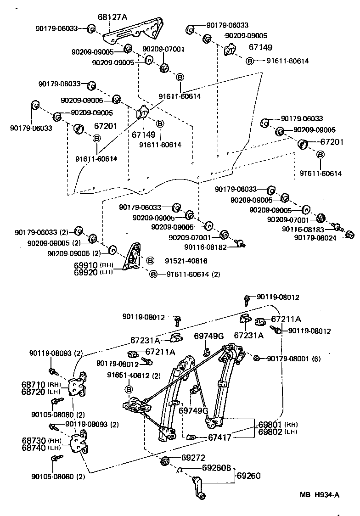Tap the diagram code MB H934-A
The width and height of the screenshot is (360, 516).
pyautogui.click(x=320, y=494)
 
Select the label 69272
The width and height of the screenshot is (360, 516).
pyautogui.click(x=193, y=458)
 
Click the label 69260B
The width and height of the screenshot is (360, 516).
pyautogui.click(x=218, y=468)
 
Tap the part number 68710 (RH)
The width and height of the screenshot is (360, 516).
pyautogui.click(x=41, y=384)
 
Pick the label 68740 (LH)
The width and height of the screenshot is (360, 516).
pyautogui.click(x=41, y=448)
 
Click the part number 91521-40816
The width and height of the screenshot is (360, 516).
pyautogui.click(x=186, y=261)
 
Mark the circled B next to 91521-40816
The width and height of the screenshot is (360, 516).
pyautogui.click(x=150, y=261)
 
